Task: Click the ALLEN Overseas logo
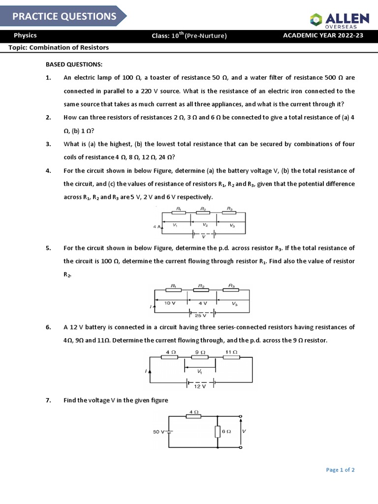(339, 19)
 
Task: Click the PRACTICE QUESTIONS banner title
(64, 16)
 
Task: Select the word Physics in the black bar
(25, 35)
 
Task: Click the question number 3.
(48, 144)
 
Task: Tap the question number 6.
(48, 327)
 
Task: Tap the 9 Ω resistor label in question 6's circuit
(199, 352)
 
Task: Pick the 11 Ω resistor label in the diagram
(231, 352)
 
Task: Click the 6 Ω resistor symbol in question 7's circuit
(217, 432)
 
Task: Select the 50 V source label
(158, 432)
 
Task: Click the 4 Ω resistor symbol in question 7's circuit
(194, 416)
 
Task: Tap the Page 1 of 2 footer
(340, 470)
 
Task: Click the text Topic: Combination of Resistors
(59, 48)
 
